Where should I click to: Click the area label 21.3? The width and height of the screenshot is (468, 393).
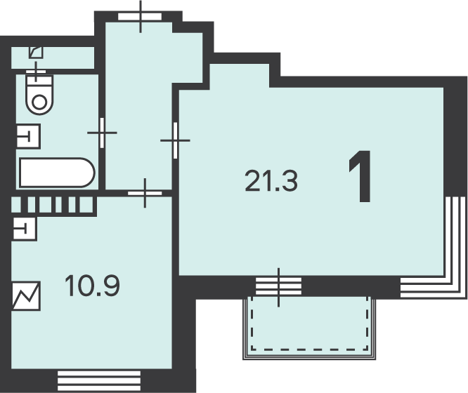click(x=271, y=180)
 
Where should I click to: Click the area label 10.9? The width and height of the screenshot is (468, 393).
click(x=92, y=286)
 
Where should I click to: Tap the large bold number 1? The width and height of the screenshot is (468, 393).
click(x=361, y=177)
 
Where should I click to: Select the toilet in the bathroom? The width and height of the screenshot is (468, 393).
click(x=39, y=93)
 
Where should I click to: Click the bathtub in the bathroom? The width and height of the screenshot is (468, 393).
click(x=57, y=173)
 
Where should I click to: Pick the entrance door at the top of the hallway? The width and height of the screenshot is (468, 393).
click(x=141, y=16)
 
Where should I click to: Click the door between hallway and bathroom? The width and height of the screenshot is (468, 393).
click(x=102, y=133)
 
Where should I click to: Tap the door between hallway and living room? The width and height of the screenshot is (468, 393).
click(x=175, y=140)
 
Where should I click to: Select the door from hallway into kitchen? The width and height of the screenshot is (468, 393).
click(x=145, y=193)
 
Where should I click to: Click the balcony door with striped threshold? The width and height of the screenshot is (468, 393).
click(x=279, y=286)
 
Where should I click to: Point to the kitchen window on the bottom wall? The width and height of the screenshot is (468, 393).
click(x=99, y=381)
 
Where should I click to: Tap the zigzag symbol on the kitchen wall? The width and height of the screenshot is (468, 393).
click(x=26, y=295)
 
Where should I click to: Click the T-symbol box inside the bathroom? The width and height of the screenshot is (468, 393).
click(x=28, y=136)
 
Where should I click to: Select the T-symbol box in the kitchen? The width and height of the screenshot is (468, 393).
click(x=25, y=229)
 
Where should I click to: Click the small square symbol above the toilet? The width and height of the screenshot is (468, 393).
click(x=36, y=53)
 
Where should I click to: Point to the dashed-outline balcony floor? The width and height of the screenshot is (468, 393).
click(x=309, y=324)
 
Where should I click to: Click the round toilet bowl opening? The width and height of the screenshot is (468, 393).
click(x=39, y=102)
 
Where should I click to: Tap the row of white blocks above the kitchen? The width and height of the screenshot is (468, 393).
click(x=53, y=204)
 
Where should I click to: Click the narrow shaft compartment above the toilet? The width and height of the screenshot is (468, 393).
click(x=53, y=58)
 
